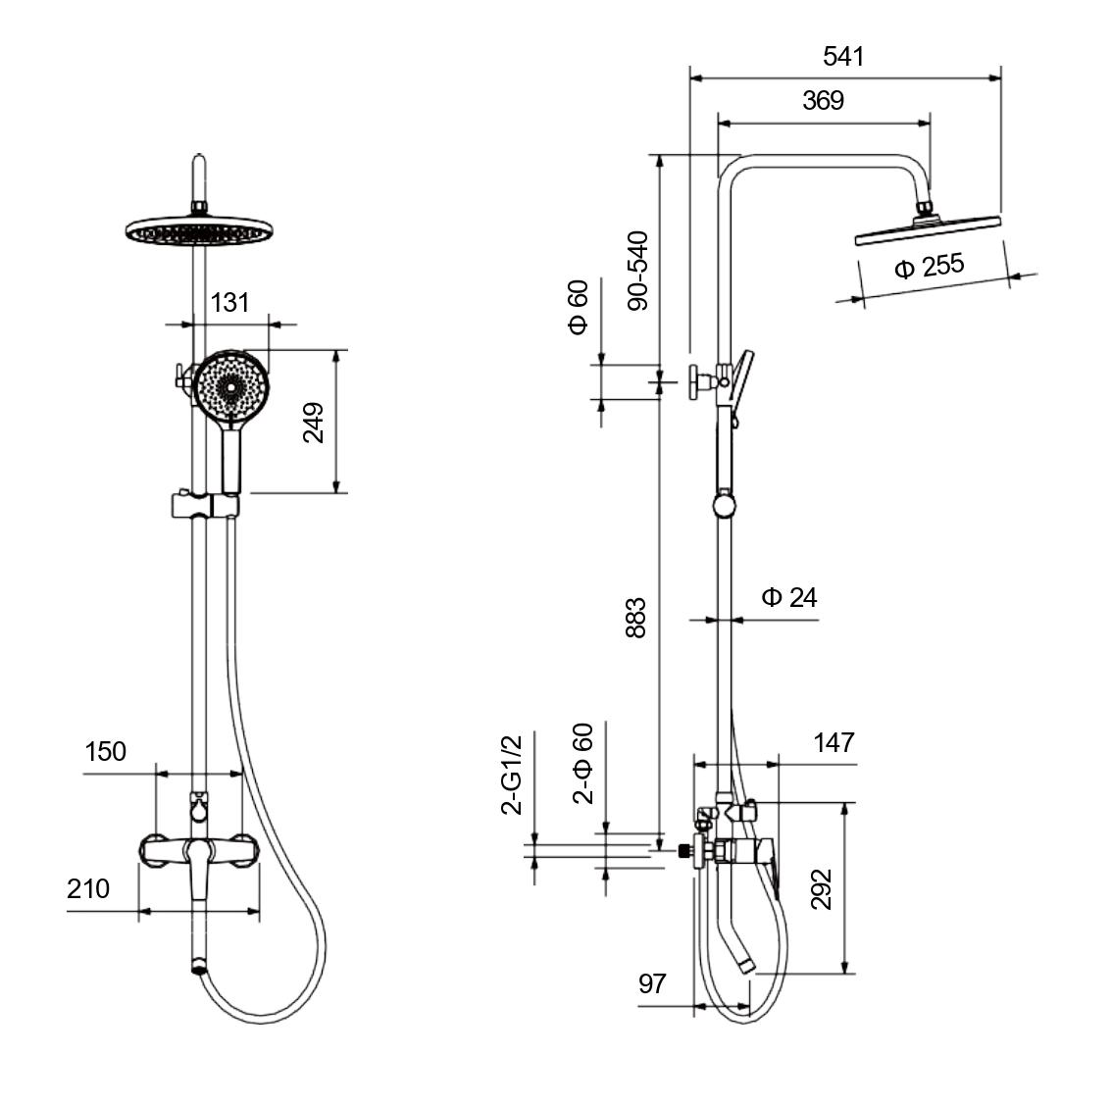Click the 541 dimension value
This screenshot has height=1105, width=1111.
(x=843, y=57)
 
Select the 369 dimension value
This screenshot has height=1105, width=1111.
(x=824, y=101)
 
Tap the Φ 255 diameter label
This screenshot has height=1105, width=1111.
(x=929, y=267)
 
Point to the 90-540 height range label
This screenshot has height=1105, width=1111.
(x=638, y=271)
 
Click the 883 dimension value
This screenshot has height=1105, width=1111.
(x=636, y=618)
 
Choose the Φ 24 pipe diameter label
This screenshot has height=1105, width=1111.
(x=789, y=598)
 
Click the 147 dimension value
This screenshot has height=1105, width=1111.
(x=833, y=743)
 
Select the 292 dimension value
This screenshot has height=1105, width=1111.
(x=821, y=889)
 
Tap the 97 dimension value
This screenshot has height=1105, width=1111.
(x=652, y=983)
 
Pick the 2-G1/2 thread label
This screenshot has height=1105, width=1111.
(x=512, y=775)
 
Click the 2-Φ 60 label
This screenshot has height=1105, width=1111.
(x=582, y=764)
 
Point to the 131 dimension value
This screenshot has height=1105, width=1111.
(x=229, y=303)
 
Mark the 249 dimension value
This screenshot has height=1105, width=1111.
(x=313, y=423)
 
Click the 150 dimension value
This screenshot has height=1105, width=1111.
(x=106, y=752)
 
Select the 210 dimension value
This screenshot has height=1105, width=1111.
(x=88, y=889)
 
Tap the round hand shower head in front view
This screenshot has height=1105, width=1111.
(x=231, y=386)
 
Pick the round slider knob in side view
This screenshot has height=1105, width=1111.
(x=724, y=506)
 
